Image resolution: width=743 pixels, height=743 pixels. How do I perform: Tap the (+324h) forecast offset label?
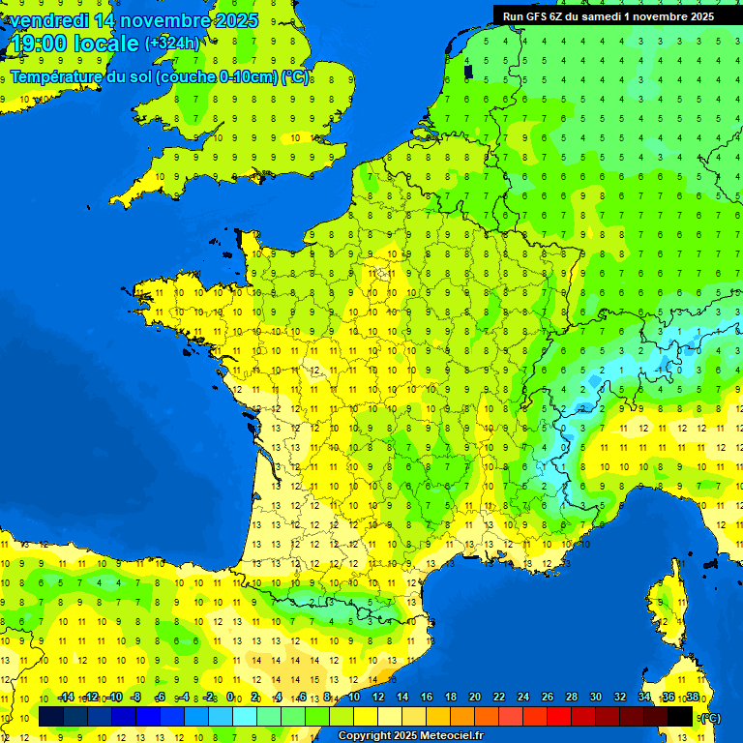click(x=172, y=44)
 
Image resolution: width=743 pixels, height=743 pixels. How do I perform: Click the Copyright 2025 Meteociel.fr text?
click(x=410, y=735)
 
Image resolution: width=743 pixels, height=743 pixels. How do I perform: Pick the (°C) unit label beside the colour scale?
click(x=708, y=718)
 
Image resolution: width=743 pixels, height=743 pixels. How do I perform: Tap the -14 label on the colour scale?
click(x=66, y=697)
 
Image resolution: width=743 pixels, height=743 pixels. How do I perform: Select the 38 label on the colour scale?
click(x=693, y=697)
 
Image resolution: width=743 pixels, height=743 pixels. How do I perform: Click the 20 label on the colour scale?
click(x=474, y=697)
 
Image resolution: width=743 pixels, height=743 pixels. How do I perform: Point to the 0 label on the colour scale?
click(x=231, y=697)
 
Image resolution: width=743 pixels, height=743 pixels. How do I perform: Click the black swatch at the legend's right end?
click(x=681, y=716)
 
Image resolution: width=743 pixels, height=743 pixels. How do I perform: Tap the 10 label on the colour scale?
click(x=353, y=697)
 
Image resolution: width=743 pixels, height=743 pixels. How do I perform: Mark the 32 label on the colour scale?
click(x=619, y=697)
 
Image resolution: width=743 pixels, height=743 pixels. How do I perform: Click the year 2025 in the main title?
click(x=236, y=20)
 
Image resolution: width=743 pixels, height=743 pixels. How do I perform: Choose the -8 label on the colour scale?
click(x=136, y=697)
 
